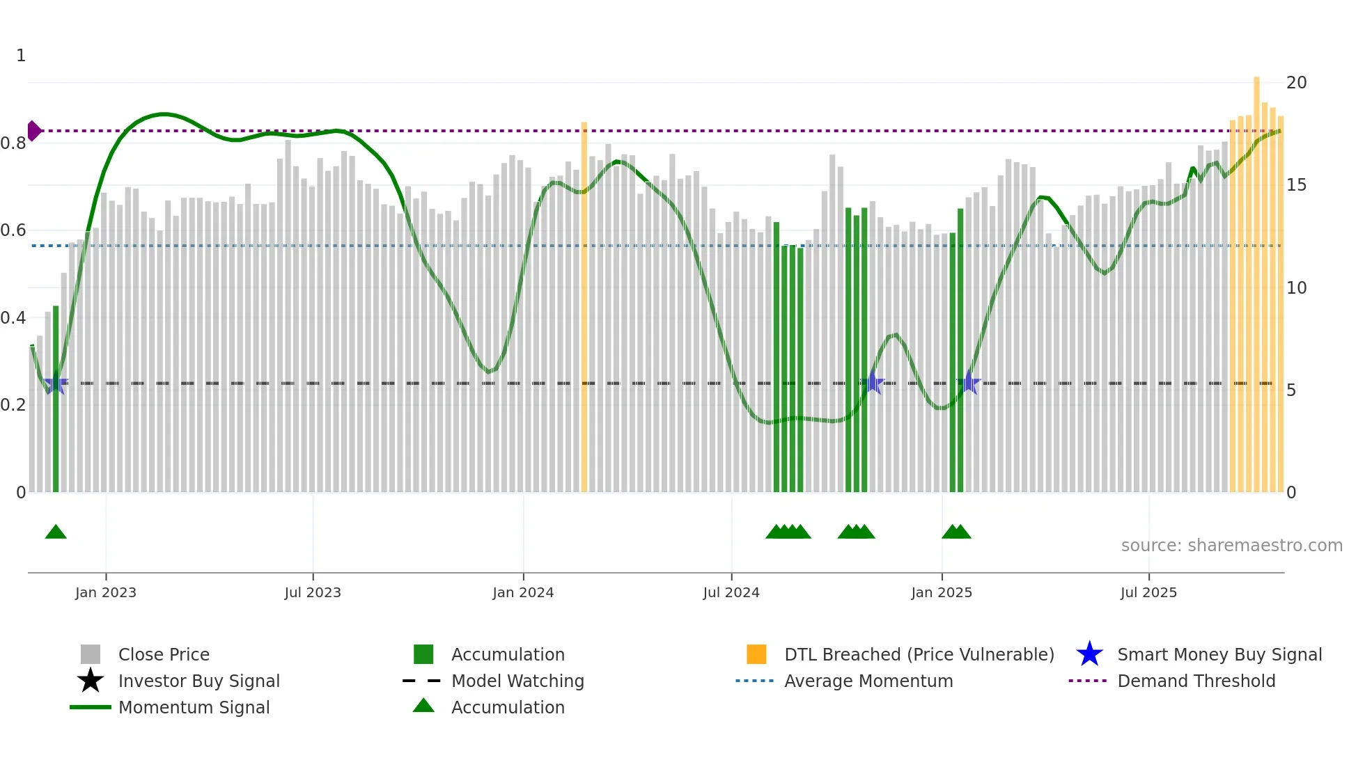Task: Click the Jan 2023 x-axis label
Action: [106, 592]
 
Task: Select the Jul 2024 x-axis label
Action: [731, 592]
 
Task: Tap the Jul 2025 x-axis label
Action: [1148, 592]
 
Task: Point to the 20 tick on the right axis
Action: [1296, 83]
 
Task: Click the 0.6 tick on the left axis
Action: [14, 230]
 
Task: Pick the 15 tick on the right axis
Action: [1296, 185]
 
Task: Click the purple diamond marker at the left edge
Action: [33, 131]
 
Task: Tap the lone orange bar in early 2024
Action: [584, 306]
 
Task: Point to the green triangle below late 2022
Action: [56, 532]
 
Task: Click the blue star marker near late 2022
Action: [56, 383]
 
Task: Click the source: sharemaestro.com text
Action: [1231, 546]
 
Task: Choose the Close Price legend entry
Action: [164, 654]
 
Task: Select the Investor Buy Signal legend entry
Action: [198, 681]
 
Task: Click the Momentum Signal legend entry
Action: [194, 707]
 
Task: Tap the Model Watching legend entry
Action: [517, 681]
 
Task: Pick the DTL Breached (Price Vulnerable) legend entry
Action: [919, 654]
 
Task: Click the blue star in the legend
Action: [1089, 654]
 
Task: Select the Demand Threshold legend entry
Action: [1196, 681]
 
